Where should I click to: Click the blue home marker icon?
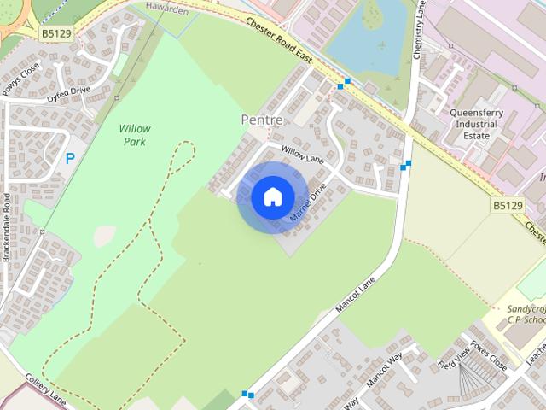click(272, 197)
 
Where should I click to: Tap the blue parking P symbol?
click(70, 158)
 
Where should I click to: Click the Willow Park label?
click(135, 135)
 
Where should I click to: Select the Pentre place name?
click(262, 120)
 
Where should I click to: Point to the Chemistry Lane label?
click(418, 35)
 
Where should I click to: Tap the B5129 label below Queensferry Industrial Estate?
click(508, 206)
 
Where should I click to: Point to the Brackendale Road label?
click(6, 226)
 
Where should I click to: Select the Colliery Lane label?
click(44, 389)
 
